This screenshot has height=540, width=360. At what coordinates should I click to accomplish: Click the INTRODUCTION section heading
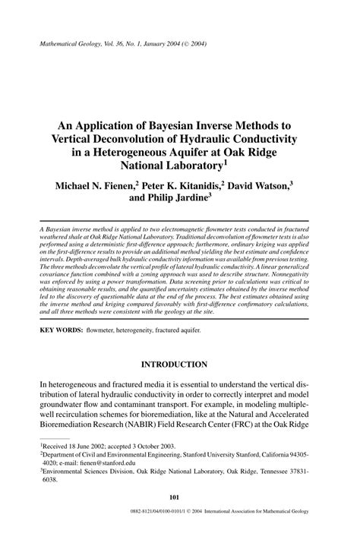point(179,364)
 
